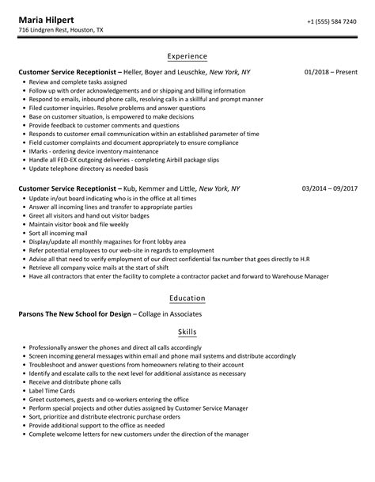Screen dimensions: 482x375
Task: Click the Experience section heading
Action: click(x=187, y=56)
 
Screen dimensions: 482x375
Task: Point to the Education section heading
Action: click(x=187, y=298)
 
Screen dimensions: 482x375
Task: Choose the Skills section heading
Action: click(x=187, y=332)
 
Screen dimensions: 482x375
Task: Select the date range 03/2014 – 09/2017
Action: click(x=329, y=188)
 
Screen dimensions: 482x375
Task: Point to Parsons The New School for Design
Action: click(x=73, y=313)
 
